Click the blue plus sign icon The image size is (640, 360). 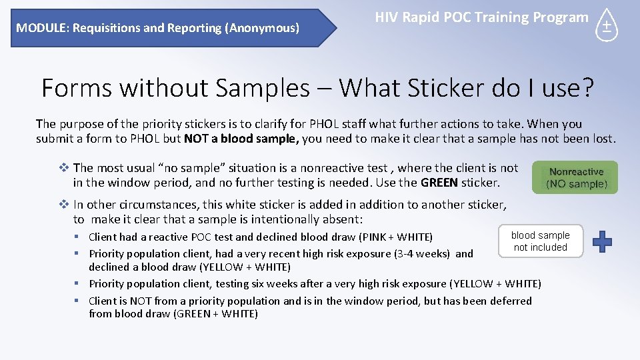(x=602, y=241)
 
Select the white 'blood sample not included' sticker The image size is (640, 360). (x=540, y=241)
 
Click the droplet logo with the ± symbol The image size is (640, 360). (x=607, y=27)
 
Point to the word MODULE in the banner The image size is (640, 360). (x=43, y=28)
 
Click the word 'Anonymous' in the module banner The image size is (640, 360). (x=262, y=28)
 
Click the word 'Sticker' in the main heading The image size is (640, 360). (x=459, y=87)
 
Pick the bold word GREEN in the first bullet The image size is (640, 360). (x=439, y=182)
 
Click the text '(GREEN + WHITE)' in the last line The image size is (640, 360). (x=215, y=313)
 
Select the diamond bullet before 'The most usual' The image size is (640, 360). (x=65, y=168)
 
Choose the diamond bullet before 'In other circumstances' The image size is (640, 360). (x=65, y=205)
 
